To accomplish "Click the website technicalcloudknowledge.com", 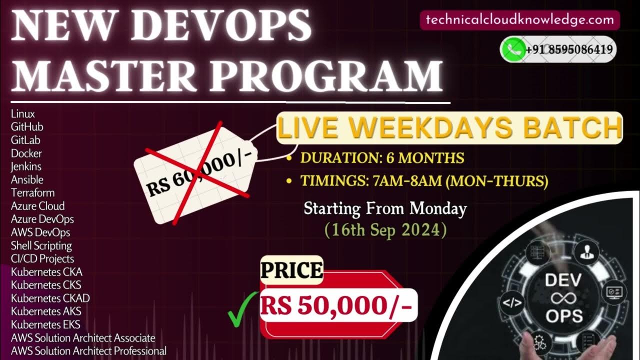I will [x=520, y=20].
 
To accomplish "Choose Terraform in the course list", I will [x=32, y=193].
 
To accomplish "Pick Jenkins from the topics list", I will [x=26, y=166].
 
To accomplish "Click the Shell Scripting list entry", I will [x=41, y=245].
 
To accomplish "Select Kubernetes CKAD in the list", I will [x=50, y=298].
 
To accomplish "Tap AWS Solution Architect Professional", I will [x=88, y=351].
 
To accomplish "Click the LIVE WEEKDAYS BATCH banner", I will [x=449, y=128].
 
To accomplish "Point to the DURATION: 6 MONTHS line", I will [x=382, y=158].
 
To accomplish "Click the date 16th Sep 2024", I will [x=385, y=230].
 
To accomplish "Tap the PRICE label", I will [x=291, y=270].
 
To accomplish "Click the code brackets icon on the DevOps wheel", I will [x=512, y=303].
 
